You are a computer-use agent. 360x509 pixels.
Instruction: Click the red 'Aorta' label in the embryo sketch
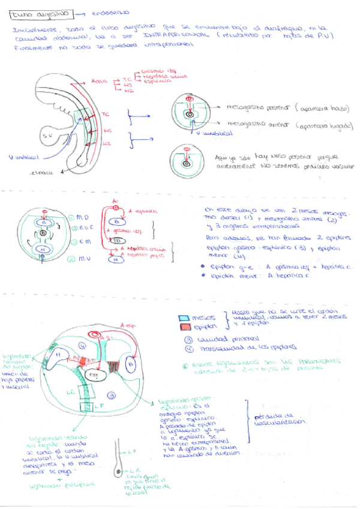click(100, 80)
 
